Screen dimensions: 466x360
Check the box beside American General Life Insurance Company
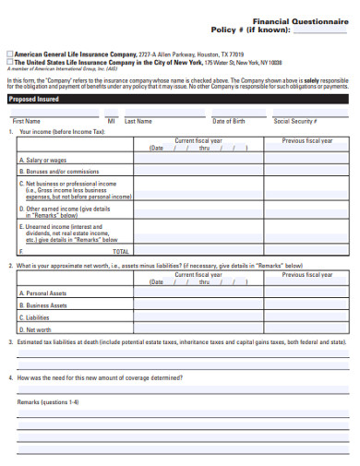pos(9,54)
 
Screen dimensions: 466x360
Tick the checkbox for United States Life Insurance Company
pos(9,62)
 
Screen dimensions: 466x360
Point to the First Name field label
pos(26,121)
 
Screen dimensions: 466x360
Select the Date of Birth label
pos(229,121)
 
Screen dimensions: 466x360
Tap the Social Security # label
pos(295,121)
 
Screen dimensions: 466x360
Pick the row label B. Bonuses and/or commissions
pos(57,172)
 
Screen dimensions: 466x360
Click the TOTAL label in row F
pos(121,251)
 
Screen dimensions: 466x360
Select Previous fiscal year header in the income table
pos(306,141)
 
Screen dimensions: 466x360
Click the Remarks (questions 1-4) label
pos(48,402)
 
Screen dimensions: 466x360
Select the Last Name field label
pos(138,121)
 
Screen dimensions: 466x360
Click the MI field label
pos(111,121)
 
